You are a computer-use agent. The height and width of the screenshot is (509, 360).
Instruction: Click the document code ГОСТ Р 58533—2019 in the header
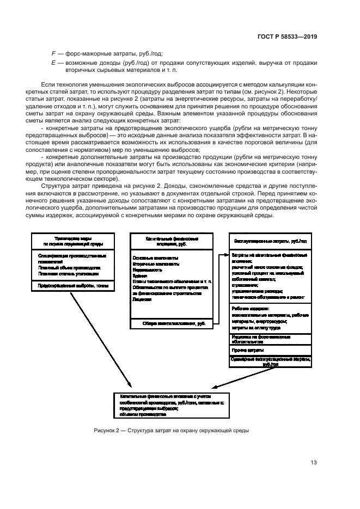tap(287, 36)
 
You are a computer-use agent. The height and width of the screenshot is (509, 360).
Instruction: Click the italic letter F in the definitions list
tap(53, 54)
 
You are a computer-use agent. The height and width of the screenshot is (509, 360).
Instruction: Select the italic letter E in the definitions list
tap(53, 63)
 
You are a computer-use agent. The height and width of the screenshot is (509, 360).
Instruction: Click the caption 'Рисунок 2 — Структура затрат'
tap(172, 431)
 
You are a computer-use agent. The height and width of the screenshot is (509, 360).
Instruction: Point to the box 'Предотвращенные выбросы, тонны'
tap(72, 285)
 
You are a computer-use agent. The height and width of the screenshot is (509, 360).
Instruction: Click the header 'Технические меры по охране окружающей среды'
tap(72, 241)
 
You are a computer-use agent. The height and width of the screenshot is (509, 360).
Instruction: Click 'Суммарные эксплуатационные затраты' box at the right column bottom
tap(269, 361)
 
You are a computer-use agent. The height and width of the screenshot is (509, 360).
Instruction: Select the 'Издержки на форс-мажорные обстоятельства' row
tap(269, 340)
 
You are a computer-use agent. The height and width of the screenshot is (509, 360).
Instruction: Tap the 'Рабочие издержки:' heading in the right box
tap(248, 308)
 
